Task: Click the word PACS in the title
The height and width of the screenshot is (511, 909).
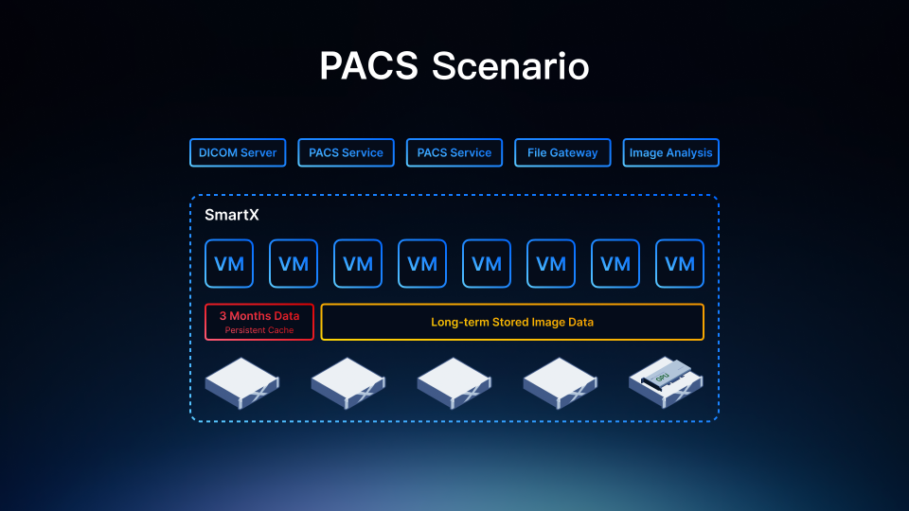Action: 368,65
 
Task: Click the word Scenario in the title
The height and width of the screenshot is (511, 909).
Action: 510,65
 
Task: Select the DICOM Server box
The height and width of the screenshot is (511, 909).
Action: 238,152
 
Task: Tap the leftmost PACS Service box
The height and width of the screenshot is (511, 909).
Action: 347,152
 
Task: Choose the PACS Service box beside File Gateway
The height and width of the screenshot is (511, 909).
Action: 454,152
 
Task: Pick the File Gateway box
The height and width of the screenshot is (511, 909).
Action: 562,152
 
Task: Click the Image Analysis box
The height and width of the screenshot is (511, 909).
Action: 670,152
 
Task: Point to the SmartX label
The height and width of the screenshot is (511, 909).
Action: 232,215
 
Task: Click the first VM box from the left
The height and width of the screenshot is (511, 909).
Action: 229,264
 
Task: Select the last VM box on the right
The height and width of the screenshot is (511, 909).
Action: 680,264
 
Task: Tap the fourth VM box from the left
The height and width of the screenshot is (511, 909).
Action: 422,264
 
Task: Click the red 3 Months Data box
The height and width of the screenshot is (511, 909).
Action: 259,322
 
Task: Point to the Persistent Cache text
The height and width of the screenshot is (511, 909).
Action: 259,330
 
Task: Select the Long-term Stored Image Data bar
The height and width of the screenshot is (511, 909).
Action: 512,322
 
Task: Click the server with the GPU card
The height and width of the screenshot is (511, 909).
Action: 666,382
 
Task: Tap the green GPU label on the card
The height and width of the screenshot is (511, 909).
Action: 662,378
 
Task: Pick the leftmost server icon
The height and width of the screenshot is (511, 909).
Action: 241,383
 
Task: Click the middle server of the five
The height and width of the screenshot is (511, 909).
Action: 454,383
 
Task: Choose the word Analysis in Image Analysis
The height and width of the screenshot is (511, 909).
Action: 689,153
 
